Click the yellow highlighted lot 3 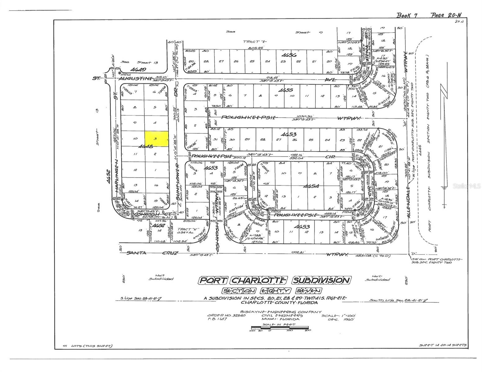[x=157, y=139]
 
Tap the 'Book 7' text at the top [x=407, y=15]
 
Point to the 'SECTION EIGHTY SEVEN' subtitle [x=272, y=291]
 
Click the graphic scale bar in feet [x=279, y=327]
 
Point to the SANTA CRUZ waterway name [x=152, y=253]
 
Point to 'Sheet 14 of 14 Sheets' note [x=442, y=345]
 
